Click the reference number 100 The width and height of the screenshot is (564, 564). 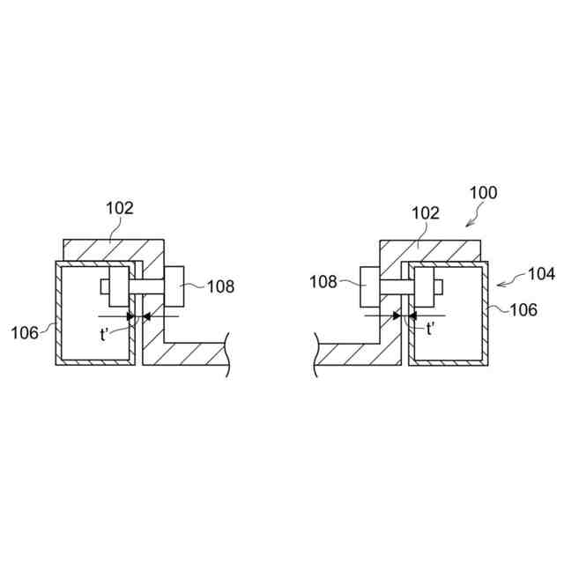tap(484, 193)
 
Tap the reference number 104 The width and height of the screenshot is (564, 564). tap(541, 274)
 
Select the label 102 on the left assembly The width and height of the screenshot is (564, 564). tap(120, 208)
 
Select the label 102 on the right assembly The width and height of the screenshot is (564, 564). tap(426, 213)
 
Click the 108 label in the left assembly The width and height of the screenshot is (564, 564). tap(220, 286)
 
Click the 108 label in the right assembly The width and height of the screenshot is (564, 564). tap(323, 282)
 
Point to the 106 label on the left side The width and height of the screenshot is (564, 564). tap(25, 333)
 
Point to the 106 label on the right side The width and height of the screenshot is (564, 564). tap(523, 309)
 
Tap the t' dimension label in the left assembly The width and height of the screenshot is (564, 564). tap(104, 335)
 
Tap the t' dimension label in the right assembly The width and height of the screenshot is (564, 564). tap(430, 329)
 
